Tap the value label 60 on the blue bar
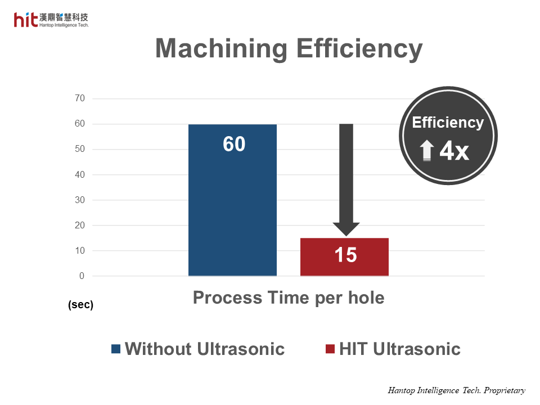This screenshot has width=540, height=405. [x=234, y=145]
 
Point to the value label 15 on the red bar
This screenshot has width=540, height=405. [x=345, y=255]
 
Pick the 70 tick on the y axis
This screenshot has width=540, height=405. [x=79, y=98]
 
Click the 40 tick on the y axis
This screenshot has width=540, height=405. [x=79, y=175]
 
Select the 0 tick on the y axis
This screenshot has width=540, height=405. [x=82, y=276]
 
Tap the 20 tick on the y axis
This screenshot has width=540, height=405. [x=79, y=226]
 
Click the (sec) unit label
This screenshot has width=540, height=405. [x=80, y=305]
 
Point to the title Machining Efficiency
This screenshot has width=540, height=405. [x=289, y=49]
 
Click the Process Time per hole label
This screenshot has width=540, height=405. [x=289, y=298]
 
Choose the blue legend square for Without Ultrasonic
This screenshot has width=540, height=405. [x=116, y=349]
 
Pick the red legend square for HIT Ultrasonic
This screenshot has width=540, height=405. [x=330, y=349]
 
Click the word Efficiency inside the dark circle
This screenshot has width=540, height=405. [x=448, y=123]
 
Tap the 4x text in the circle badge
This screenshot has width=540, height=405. [x=454, y=151]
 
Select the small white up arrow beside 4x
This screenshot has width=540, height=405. [x=427, y=151]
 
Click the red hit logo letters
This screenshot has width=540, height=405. [x=26, y=20]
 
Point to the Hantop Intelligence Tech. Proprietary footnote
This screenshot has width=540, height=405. [x=456, y=390]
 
